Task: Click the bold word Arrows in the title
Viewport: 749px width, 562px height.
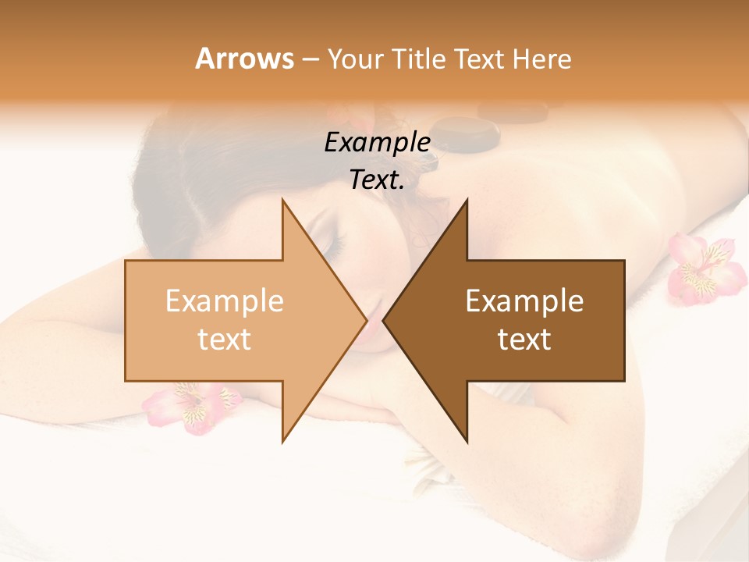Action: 244,59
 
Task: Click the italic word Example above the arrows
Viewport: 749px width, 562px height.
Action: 377,142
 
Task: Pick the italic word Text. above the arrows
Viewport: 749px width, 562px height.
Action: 377,180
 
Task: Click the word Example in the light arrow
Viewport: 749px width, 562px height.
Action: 225,301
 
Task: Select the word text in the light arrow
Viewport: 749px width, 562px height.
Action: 225,339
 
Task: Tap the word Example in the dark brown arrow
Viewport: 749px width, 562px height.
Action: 524,301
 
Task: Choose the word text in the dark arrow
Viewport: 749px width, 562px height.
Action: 524,339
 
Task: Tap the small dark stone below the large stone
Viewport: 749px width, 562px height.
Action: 426,161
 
